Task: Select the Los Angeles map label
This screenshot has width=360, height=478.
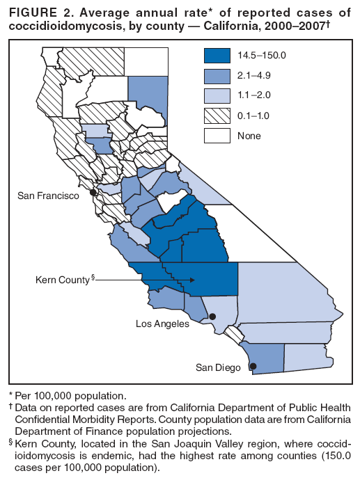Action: [x=162, y=324]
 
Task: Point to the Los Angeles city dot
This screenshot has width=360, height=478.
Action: [x=213, y=317]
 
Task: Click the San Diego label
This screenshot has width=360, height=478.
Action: [x=219, y=367]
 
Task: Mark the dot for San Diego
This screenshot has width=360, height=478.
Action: [x=253, y=366]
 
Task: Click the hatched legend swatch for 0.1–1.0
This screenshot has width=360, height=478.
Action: [x=217, y=115]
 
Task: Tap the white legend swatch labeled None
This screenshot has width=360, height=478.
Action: [x=217, y=135]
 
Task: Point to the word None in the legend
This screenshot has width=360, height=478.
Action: [x=249, y=136]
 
